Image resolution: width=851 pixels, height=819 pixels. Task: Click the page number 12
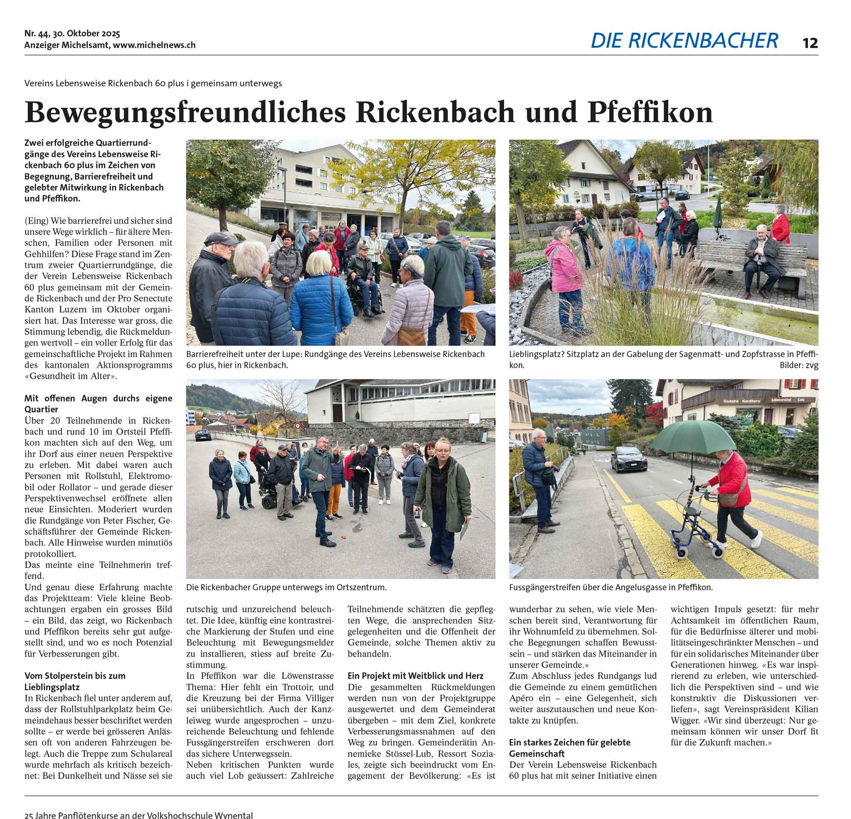[810, 43]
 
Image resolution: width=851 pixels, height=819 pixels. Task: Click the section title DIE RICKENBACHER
[684, 41]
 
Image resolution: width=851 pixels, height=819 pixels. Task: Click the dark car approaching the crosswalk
[629, 459]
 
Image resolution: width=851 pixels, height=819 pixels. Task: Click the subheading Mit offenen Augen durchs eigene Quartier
[98, 403]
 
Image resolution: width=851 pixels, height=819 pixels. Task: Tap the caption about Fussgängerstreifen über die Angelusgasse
[611, 587]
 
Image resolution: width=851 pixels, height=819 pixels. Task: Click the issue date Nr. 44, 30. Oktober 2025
[72, 34]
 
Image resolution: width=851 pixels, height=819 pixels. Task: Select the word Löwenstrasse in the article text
[309, 676]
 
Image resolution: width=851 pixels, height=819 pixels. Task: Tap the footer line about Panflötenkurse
[139, 815]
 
